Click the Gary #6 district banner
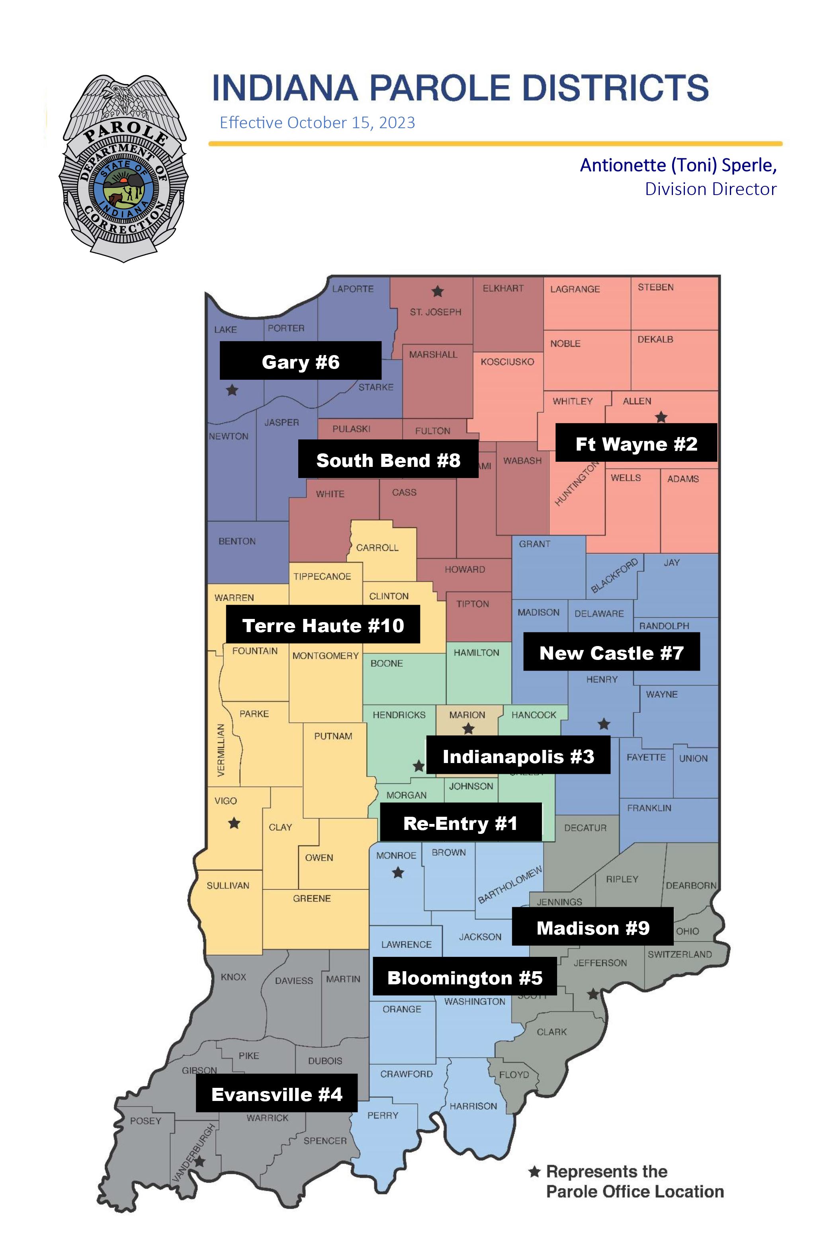[x=301, y=361]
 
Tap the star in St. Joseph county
[x=438, y=291]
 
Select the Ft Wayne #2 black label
[x=636, y=443]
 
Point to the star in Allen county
[x=661, y=417]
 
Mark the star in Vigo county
[x=234, y=823]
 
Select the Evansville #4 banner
[x=276, y=1093]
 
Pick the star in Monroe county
[x=398, y=873]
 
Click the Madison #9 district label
[x=593, y=927]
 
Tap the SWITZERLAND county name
[x=680, y=954]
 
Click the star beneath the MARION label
[x=468, y=729]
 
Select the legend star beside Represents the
[x=534, y=1172]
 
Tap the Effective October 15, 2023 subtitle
[x=317, y=123]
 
